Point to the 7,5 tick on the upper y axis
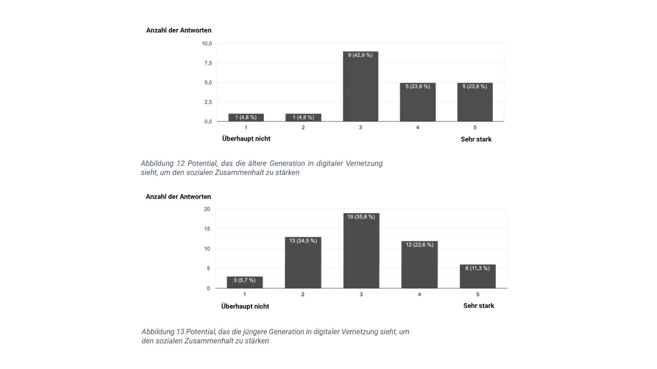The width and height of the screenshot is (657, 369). click(208, 63)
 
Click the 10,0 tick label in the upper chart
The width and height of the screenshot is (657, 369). click(207, 44)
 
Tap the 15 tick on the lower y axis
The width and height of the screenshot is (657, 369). click(207, 229)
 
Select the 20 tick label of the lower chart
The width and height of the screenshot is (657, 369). click(207, 209)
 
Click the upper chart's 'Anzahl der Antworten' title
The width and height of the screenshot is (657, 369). click(179, 30)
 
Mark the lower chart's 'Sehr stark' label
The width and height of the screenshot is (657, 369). click(479, 306)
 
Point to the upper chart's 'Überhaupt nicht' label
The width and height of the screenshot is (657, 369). click(246, 139)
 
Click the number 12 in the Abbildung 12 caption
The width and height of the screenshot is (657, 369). click(180, 164)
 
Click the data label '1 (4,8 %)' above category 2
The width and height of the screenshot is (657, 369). click(303, 117)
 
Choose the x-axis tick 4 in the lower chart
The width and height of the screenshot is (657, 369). click(419, 294)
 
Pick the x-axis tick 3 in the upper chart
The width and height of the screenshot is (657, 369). click(360, 127)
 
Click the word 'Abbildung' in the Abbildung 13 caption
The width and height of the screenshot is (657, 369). click(158, 332)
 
